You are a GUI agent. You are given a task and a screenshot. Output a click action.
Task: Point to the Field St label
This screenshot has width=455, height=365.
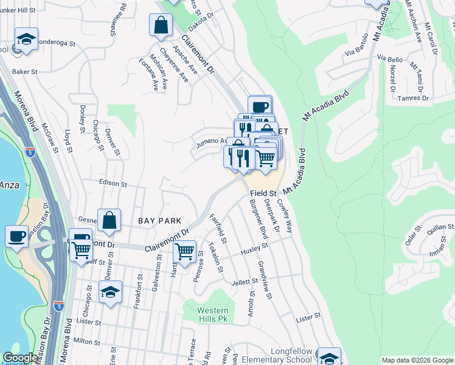(x=263, y=193)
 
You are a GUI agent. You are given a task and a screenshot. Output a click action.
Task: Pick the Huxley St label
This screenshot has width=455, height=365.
(x=254, y=248)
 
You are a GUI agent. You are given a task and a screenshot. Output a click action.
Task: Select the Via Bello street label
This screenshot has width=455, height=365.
(x=390, y=58)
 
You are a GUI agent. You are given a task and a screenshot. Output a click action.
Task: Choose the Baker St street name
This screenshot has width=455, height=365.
(x=25, y=72)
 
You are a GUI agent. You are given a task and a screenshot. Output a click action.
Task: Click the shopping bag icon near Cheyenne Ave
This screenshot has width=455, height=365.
(x=161, y=26)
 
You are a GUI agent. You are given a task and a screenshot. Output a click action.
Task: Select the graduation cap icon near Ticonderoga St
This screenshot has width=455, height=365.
(x=26, y=40)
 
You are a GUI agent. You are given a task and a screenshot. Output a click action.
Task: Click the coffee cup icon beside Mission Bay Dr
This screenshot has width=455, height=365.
(x=16, y=235)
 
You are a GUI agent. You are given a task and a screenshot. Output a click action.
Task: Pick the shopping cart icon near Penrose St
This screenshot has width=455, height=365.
(x=184, y=250)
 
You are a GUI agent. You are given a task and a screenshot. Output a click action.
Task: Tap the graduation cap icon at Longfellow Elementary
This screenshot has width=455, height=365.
(x=329, y=357)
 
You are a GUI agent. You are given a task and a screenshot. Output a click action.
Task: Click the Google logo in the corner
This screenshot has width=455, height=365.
(x=21, y=358)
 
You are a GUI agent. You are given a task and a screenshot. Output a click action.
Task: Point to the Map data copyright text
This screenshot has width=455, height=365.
(x=417, y=360)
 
